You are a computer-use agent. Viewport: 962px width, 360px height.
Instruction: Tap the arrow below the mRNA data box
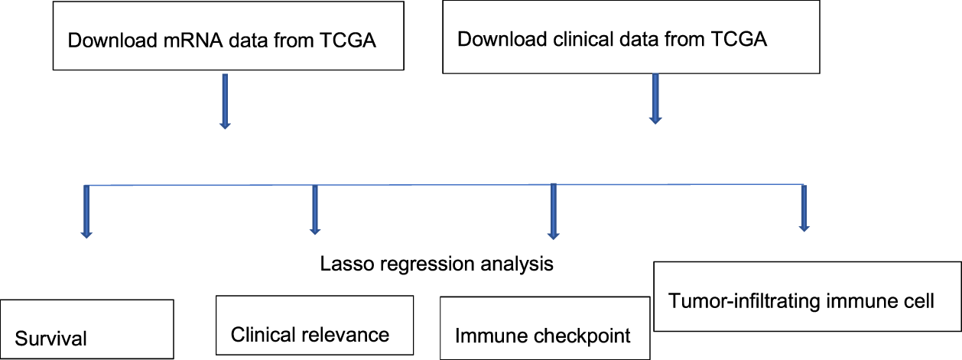coord(225,100)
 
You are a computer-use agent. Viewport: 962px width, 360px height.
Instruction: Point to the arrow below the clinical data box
coord(655,98)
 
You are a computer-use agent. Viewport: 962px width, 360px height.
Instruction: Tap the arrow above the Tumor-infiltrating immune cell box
coord(803,207)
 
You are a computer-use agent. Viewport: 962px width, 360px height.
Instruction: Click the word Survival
coord(50,338)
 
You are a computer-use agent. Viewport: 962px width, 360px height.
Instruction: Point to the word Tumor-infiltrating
coord(734,300)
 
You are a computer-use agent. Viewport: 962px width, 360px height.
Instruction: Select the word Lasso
coord(342,265)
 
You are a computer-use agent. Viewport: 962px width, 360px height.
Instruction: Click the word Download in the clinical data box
coord(489,39)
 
